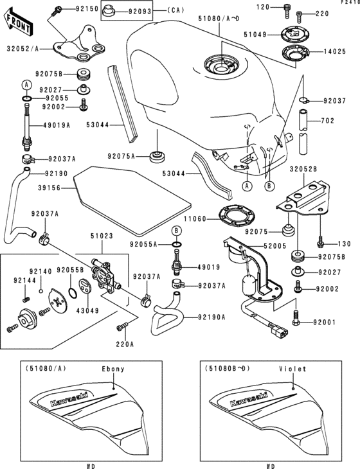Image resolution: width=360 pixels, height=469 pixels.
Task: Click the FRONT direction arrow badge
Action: [x=17, y=25]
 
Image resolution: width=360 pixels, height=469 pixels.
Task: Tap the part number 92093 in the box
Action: [x=138, y=11]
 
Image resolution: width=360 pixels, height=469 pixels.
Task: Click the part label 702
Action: [x=328, y=120]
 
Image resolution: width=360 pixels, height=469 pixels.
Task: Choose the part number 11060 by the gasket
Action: [x=194, y=218]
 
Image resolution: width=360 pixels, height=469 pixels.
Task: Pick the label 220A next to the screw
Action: [x=125, y=344]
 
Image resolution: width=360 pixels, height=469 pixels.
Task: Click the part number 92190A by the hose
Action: [x=213, y=317]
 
